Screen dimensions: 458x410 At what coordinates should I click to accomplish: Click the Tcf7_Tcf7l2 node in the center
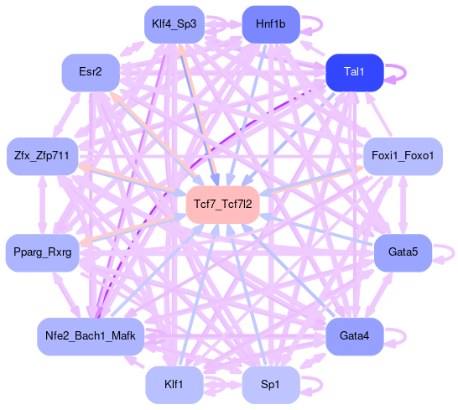point(223,205)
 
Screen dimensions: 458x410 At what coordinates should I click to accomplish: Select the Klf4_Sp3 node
point(174,24)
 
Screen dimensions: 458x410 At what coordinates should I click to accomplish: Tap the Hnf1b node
point(271,24)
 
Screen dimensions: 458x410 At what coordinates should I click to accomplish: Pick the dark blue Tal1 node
point(354,72)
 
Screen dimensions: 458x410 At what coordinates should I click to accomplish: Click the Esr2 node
point(91,72)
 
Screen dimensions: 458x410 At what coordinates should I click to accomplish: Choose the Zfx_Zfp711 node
point(42,156)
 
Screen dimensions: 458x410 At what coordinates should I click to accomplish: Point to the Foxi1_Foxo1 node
point(403,156)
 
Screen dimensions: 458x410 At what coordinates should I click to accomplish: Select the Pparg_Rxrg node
point(42,252)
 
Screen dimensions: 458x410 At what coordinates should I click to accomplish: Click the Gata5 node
point(403,252)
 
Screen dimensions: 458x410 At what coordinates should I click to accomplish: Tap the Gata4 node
point(354,336)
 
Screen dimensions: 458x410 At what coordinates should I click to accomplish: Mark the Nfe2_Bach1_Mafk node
point(91,336)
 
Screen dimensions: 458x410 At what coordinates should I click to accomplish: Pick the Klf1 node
point(174,385)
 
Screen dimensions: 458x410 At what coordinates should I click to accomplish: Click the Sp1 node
point(271,385)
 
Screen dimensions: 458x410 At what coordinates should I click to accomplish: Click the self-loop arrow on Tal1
point(405,72)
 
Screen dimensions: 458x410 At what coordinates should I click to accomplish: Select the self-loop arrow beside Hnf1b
point(321,24)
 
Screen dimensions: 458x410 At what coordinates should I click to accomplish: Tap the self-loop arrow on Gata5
point(453,252)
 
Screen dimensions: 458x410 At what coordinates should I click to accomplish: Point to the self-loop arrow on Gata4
point(405,336)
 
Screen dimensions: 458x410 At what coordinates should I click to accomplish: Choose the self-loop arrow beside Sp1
point(321,385)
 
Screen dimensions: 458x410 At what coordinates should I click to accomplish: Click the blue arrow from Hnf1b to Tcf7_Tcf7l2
point(247,116)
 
